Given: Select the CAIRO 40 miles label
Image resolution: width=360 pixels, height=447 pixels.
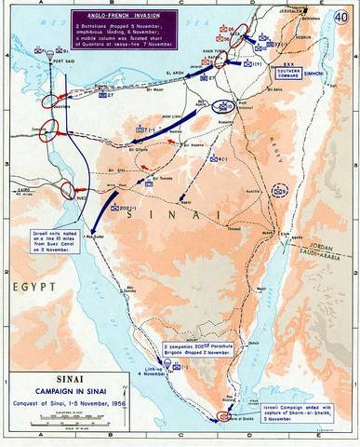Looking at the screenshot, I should [17, 183].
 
